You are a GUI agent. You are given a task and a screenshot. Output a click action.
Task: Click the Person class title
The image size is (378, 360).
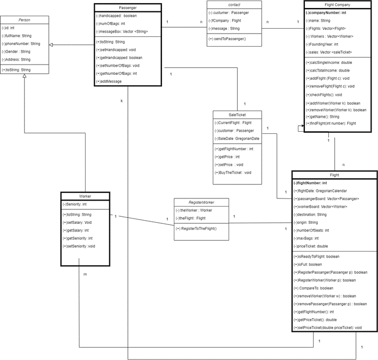coord(25,20)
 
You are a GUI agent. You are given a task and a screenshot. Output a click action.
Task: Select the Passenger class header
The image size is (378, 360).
coord(127,8)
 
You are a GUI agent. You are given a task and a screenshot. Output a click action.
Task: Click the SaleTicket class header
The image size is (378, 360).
coord(237,114)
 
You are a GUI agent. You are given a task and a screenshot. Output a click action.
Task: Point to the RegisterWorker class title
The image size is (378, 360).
coord(200,202)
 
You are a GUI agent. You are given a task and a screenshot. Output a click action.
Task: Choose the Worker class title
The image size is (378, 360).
coord(84,196)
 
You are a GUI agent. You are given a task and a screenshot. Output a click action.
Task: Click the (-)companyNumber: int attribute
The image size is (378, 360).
coord(325,12)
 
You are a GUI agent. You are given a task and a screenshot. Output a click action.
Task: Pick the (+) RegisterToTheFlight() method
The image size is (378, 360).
coord(196,228)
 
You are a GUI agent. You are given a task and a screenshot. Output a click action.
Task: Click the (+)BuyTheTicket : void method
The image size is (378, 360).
coord(233,172)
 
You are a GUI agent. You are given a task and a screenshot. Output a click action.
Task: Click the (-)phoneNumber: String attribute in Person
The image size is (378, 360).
coord(21,43)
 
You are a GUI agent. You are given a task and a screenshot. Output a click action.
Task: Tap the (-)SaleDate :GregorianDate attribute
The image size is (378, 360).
coord(237,139)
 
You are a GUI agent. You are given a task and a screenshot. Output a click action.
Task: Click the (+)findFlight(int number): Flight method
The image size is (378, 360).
coord(331,123)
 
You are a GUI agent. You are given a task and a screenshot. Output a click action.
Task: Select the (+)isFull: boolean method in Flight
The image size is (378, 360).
coord(309,264)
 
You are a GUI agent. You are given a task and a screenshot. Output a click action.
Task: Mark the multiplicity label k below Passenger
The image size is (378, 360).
coord(121,101)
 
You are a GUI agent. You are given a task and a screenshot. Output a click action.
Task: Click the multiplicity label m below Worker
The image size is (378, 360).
coord(84,274)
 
